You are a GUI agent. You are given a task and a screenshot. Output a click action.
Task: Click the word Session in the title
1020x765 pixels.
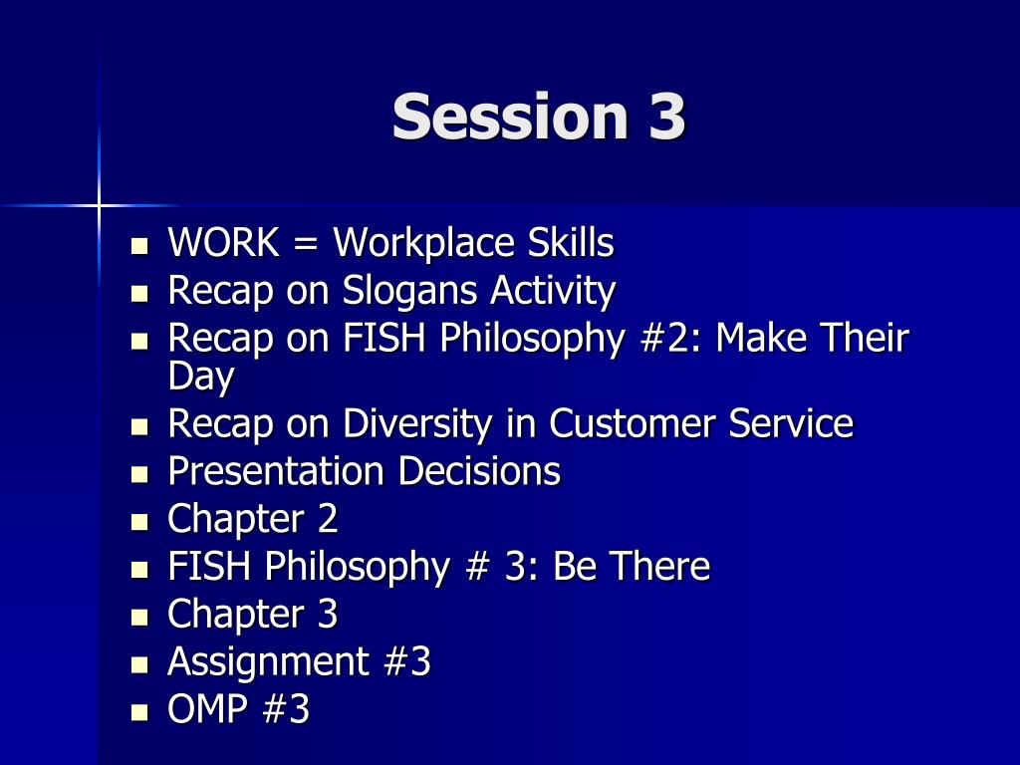503,117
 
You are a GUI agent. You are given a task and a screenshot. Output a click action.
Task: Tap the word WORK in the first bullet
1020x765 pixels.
224,243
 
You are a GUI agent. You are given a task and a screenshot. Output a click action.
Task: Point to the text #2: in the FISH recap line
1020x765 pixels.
669,339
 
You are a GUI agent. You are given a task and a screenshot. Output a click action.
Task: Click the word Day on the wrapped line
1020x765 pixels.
201,377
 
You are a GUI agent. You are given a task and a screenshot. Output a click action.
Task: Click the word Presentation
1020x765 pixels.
276,471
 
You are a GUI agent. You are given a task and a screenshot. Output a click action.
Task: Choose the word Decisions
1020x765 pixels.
479,471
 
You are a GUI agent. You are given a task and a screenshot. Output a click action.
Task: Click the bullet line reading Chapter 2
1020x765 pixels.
253,519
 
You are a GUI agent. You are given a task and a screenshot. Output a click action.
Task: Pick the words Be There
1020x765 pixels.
632,567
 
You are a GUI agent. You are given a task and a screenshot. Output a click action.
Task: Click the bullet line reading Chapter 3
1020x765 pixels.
253,615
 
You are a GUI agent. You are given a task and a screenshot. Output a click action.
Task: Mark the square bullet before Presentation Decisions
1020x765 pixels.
139,473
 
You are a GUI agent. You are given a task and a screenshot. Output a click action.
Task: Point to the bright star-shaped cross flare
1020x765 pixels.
99,205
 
